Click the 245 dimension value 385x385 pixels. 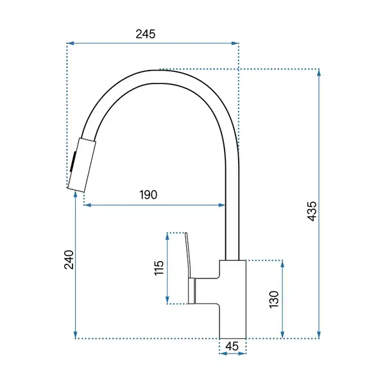(x=146, y=34)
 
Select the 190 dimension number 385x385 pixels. (x=148, y=195)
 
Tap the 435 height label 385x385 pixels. (x=312, y=211)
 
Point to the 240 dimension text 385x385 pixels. (x=69, y=260)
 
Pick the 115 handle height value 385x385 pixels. (x=159, y=268)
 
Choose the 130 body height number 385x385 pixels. (x=274, y=299)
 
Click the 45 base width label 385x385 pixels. (x=232, y=346)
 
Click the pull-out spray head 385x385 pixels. (x=81, y=165)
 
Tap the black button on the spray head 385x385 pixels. (x=73, y=162)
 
